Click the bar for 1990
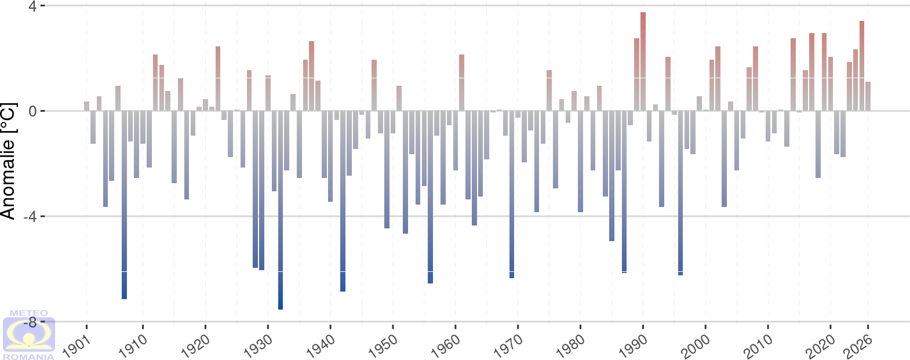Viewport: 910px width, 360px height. pyautogui.click(x=643, y=61)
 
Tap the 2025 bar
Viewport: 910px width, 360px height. pyautogui.click(x=862, y=66)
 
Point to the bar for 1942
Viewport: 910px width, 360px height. pyautogui.click(x=343, y=201)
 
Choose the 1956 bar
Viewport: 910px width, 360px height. pyautogui.click(x=430, y=197)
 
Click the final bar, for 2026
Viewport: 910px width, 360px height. pyautogui.click(x=868, y=96)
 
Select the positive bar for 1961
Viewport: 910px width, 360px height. pyautogui.click(x=461, y=82)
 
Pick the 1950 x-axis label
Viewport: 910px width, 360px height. pyautogui.click(x=383, y=339)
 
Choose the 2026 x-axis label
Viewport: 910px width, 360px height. pyautogui.click(x=858, y=339)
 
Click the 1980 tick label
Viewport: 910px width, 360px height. pyautogui.click(x=571, y=339)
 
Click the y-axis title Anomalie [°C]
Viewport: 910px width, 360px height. pyautogui.click(x=8, y=162)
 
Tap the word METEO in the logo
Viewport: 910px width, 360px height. pyautogui.click(x=29, y=314)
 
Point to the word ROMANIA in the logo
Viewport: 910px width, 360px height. pyautogui.click(x=29, y=357)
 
